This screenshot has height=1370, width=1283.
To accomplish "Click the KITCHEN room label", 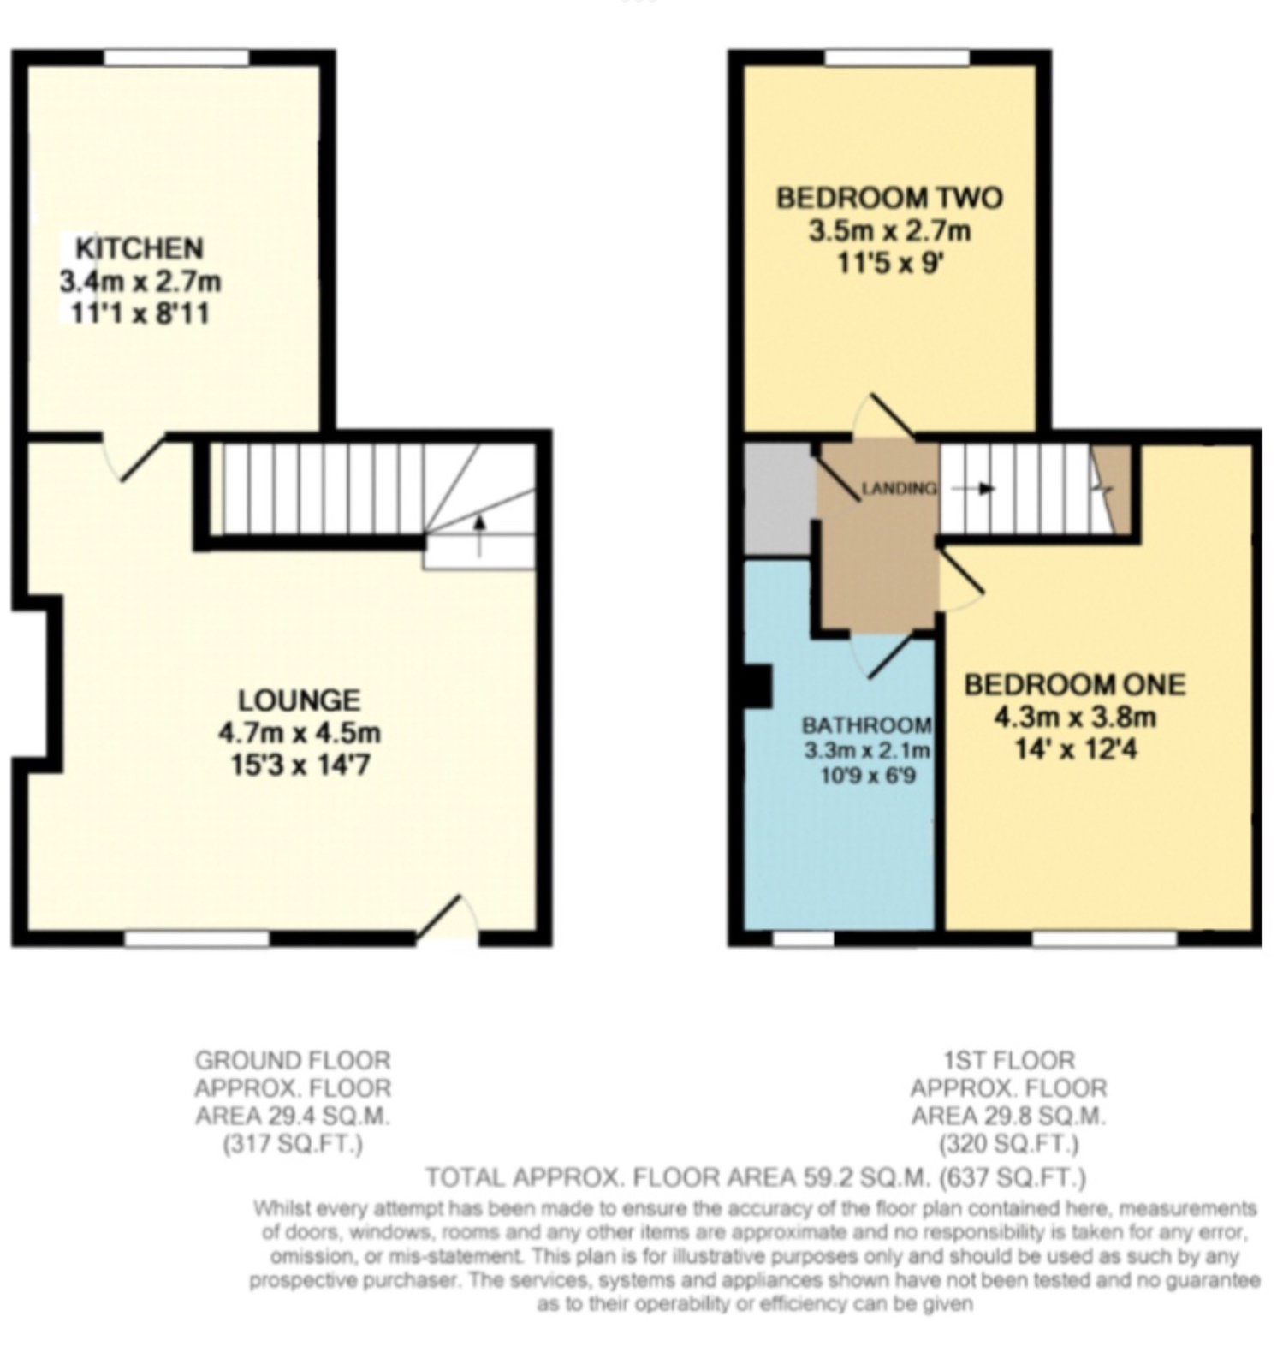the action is (x=140, y=248).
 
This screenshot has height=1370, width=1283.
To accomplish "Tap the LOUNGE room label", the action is (x=299, y=700).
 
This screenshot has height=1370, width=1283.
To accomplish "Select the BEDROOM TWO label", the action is (x=888, y=198).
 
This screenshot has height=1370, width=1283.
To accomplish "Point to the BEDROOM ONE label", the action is (x=1075, y=684).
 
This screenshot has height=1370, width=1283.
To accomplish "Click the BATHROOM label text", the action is (x=866, y=725).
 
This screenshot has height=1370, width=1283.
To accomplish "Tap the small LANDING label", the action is (x=899, y=489).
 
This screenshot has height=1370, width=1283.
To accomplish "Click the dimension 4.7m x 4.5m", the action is (x=300, y=733).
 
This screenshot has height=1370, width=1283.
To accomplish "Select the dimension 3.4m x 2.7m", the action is (x=140, y=281).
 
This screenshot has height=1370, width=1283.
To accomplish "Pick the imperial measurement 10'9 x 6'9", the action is (x=865, y=777).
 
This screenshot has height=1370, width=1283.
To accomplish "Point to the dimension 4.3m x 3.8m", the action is (x=1075, y=717).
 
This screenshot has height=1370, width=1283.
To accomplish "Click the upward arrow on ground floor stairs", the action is (x=478, y=535).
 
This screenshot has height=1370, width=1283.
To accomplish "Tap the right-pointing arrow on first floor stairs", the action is (x=974, y=489).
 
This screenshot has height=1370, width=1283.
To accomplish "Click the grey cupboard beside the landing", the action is (x=777, y=499).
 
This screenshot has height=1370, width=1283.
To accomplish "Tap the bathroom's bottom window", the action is (x=803, y=939).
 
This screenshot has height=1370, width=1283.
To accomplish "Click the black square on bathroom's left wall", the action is (x=757, y=686).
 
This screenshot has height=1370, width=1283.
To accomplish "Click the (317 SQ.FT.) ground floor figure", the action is (x=293, y=1144).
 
